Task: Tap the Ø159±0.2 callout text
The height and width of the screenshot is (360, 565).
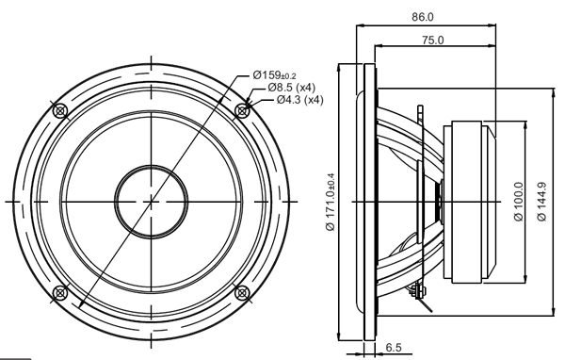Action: [x=274, y=75]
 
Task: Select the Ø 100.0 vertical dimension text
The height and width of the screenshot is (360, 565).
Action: [x=519, y=202]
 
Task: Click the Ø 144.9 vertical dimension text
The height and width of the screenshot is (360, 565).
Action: [x=541, y=202]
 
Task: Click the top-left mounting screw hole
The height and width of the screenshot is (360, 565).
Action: [x=61, y=110]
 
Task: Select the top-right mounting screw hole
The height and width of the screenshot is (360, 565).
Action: [x=243, y=110]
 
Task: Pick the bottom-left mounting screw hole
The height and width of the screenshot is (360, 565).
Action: [x=61, y=291]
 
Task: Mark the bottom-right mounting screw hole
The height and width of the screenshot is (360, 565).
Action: [x=243, y=291]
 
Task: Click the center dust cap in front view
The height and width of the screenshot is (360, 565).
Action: [x=152, y=201]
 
